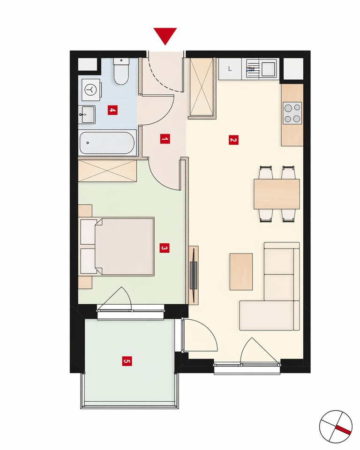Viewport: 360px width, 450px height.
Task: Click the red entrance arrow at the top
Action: pos(165,35)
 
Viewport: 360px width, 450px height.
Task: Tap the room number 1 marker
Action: pos(165,140)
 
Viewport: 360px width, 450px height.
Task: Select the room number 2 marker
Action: pos(233,140)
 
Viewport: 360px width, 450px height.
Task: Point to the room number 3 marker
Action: pos(165,248)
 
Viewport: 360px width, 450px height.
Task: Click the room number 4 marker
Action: pos(112,110)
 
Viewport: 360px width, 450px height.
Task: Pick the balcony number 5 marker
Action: pos(127,361)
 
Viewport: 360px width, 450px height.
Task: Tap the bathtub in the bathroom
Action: pos(107,142)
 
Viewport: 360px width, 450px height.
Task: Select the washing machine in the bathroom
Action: pos(91,90)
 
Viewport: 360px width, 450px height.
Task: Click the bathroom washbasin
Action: pos(87,114)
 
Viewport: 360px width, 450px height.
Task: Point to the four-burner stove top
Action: pos(292,113)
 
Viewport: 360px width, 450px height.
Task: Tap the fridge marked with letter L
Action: pos(230,69)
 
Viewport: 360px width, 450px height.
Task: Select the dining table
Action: pos(277,194)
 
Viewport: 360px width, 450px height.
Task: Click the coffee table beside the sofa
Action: pos(241,271)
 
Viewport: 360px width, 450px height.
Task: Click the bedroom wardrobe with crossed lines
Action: pos(107,171)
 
